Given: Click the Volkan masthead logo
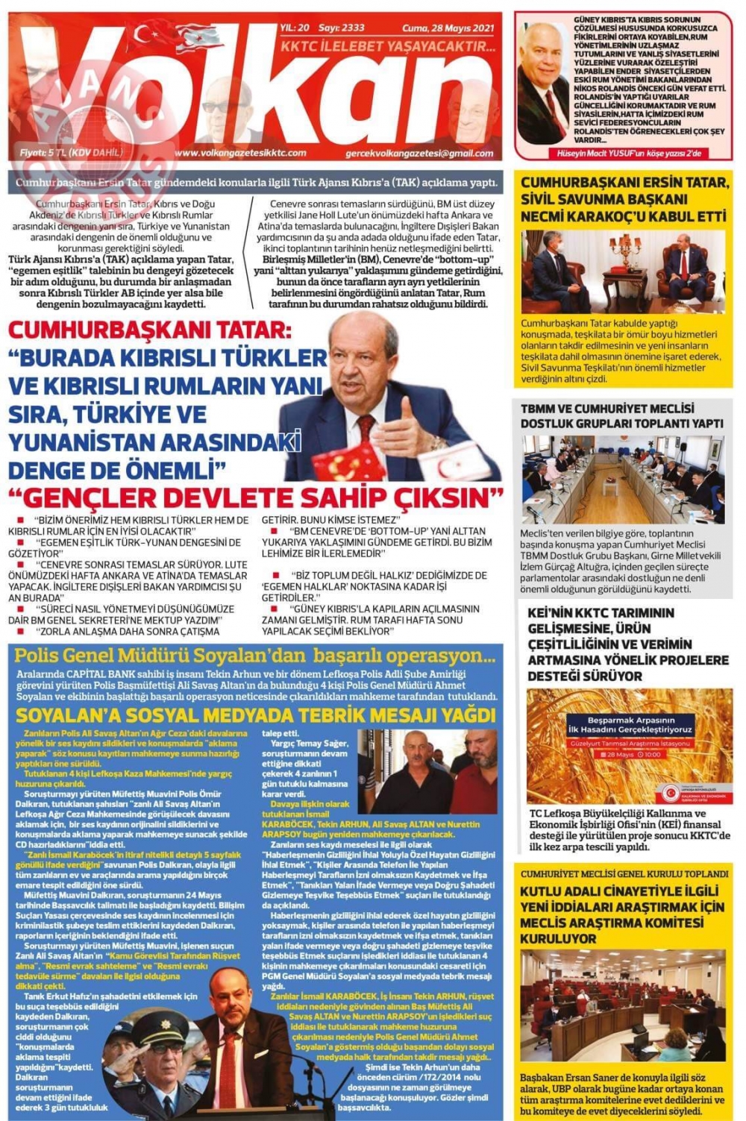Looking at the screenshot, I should [x=254, y=90].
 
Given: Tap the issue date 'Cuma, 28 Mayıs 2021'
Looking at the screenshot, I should [x=448, y=28].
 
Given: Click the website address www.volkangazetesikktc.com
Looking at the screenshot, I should [x=240, y=153].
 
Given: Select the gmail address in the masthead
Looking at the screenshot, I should [x=419, y=154].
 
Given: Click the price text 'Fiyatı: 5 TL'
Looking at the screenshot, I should [x=71, y=153].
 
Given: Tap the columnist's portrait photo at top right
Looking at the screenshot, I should [x=544, y=82].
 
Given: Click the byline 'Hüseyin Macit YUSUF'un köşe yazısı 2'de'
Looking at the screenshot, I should [x=628, y=154].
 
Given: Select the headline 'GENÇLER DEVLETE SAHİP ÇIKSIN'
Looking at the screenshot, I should [x=255, y=497].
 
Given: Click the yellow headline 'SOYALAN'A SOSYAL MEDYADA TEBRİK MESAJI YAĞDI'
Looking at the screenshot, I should [x=255, y=715].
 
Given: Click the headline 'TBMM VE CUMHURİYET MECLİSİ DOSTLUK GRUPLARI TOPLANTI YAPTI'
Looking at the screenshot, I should [x=622, y=416].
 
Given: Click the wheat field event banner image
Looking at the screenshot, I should [x=629, y=746].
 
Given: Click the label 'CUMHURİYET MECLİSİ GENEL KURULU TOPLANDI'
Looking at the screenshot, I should [x=624, y=873].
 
